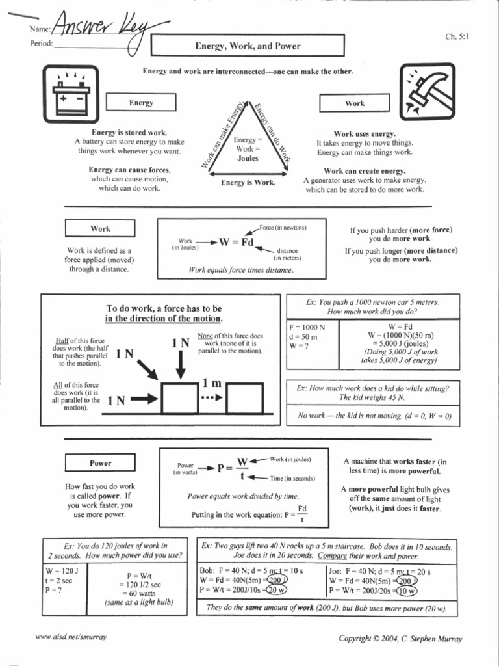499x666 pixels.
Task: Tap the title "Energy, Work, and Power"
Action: click(x=248, y=46)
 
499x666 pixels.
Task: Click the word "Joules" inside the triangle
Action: click(x=248, y=158)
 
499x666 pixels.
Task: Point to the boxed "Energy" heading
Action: click(x=141, y=103)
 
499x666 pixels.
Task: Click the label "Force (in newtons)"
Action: click(x=283, y=227)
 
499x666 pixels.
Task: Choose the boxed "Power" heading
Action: click(x=100, y=463)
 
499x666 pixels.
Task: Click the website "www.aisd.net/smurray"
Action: click(x=71, y=637)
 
